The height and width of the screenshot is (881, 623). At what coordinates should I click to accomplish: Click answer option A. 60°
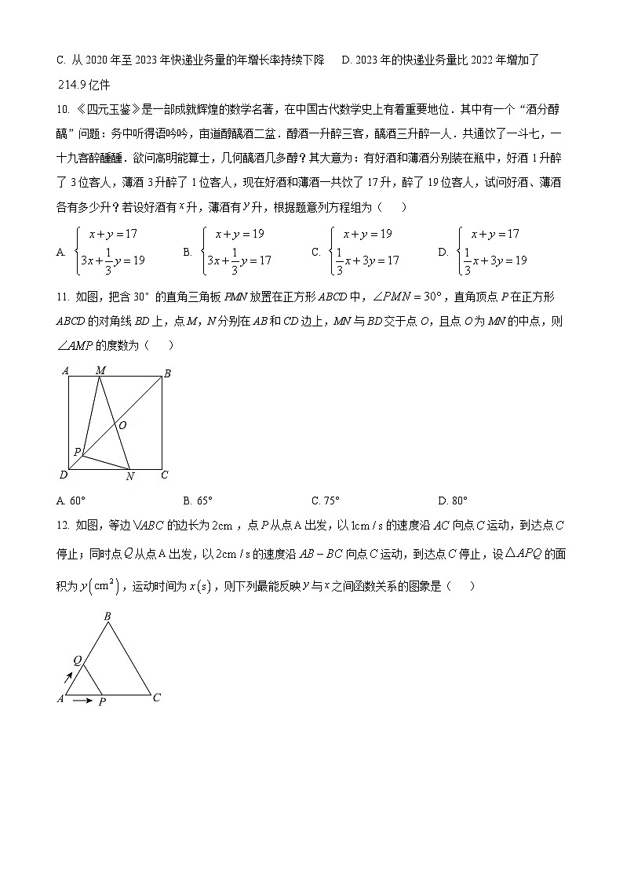click(x=71, y=501)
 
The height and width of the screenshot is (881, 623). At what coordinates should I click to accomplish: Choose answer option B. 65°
click(x=198, y=501)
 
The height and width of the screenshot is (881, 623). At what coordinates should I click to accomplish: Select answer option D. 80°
click(x=453, y=501)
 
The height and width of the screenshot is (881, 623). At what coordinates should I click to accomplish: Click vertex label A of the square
click(x=64, y=370)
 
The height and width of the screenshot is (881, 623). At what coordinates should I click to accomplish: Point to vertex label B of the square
click(x=166, y=374)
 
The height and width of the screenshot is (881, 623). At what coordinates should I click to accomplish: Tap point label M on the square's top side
click(x=100, y=370)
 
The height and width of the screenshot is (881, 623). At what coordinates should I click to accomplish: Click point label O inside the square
click(x=122, y=425)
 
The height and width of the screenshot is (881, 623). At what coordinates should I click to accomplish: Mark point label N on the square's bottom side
click(x=130, y=476)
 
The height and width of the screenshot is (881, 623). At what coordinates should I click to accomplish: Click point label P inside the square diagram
click(x=77, y=452)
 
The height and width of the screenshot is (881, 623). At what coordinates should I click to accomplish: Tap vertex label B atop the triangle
click(x=107, y=616)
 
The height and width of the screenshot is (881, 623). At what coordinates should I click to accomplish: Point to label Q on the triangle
click(x=77, y=661)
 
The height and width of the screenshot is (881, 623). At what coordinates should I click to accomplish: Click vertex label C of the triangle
click(x=157, y=697)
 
